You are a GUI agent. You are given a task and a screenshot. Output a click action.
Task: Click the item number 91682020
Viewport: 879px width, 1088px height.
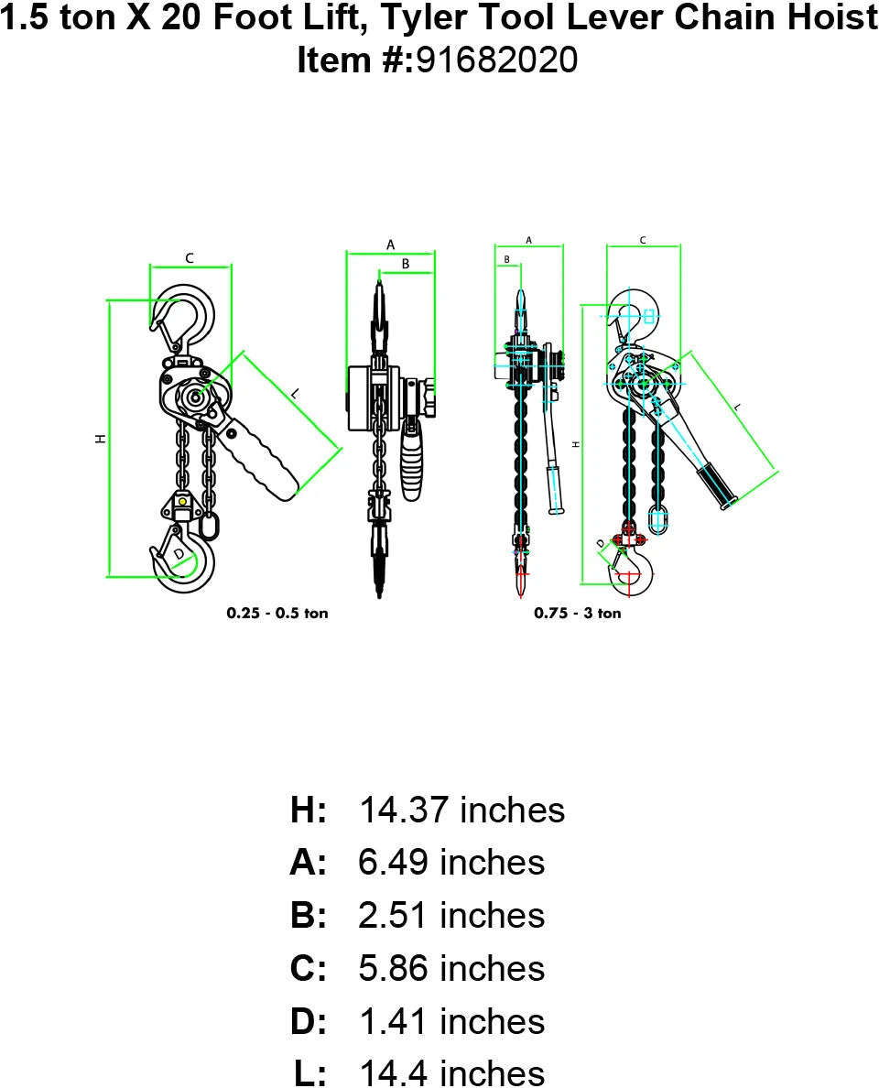pos(497,60)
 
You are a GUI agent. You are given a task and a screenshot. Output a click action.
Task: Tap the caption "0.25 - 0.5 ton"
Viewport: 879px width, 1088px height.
pos(277,613)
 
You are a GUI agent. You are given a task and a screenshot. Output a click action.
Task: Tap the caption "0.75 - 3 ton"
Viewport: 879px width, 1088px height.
pos(578,613)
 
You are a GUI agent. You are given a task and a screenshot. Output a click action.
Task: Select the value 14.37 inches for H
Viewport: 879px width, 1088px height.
pos(461,810)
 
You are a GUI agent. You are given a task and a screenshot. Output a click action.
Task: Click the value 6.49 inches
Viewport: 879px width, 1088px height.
pos(450,863)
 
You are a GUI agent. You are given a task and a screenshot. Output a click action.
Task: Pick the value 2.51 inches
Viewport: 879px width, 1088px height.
pos(450,916)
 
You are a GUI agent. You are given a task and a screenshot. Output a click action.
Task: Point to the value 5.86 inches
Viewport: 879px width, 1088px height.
pos(450,969)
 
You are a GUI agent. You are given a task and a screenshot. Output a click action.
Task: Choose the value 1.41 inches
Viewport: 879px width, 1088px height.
pos(450,1022)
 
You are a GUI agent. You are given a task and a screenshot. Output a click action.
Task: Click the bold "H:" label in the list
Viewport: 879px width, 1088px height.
pos(309,810)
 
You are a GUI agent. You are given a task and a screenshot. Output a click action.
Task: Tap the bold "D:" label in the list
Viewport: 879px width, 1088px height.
pos(309,1022)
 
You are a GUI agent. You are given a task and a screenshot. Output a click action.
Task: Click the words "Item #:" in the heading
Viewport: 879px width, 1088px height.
pos(356,60)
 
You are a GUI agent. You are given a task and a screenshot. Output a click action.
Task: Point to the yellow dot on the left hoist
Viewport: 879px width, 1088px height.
pos(183,501)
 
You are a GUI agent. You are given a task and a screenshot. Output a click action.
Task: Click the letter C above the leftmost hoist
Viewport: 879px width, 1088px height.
pos(190,258)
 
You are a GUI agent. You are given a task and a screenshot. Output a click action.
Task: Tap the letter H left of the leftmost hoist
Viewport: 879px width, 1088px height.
pos(101,439)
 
